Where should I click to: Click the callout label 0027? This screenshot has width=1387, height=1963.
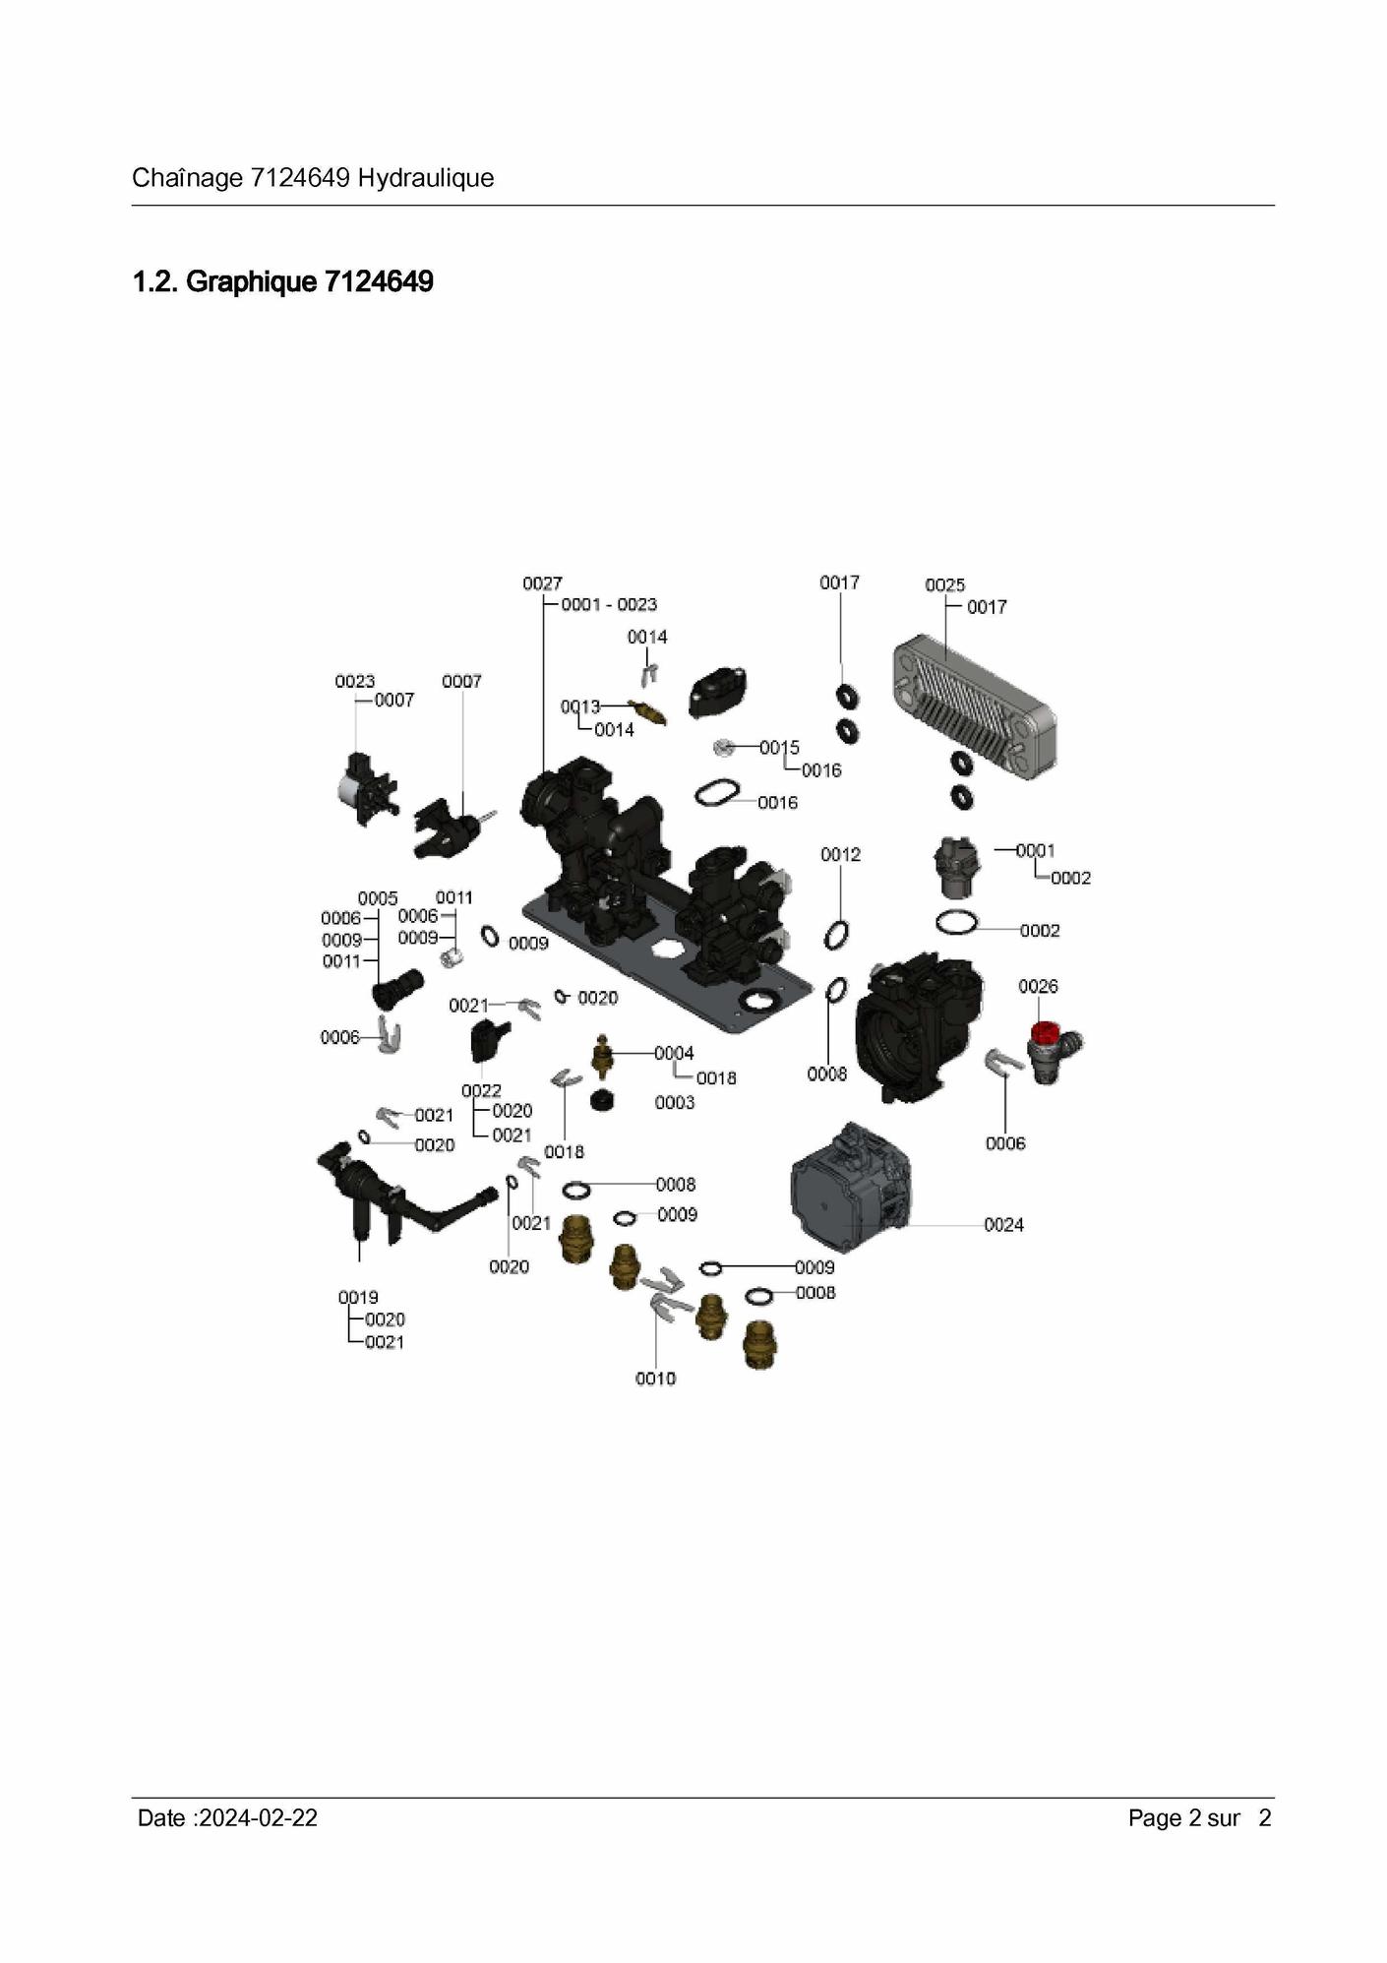click(542, 583)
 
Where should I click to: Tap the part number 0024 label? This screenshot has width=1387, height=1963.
click(1003, 1224)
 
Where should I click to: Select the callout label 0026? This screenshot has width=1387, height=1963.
click(1038, 986)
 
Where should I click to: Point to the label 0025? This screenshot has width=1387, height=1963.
click(944, 584)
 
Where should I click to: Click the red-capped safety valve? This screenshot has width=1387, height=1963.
click(1053, 1051)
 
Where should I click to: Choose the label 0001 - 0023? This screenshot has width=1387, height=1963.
click(609, 604)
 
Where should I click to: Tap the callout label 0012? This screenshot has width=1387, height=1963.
click(840, 854)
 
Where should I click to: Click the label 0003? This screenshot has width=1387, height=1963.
click(675, 1102)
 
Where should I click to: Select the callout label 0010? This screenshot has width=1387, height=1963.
click(655, 1379)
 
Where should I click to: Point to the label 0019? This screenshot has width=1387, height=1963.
click(358, 1297)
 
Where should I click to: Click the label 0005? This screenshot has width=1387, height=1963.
click(378, 898)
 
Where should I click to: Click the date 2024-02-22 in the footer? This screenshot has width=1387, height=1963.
click(258, 1817)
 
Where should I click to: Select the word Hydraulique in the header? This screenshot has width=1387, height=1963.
click(426, 178)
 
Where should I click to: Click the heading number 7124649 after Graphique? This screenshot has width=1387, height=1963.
click(379, 281)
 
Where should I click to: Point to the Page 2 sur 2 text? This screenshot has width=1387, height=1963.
click(1200, 1817)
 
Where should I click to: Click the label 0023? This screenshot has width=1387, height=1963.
click(354, 681)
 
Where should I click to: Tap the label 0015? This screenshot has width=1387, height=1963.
click(779, 748)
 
